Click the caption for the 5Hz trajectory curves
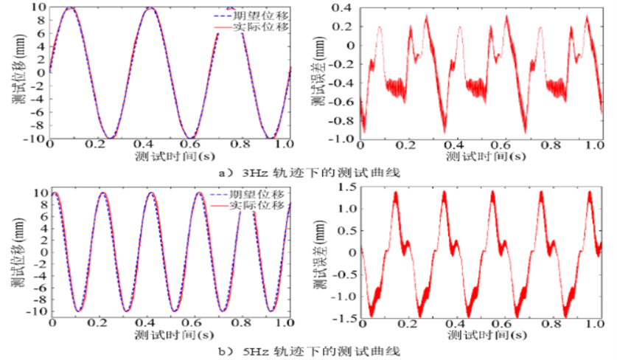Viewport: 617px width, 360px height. [x=309, y=350]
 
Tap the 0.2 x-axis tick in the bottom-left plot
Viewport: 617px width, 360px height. [x=98, y=324]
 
